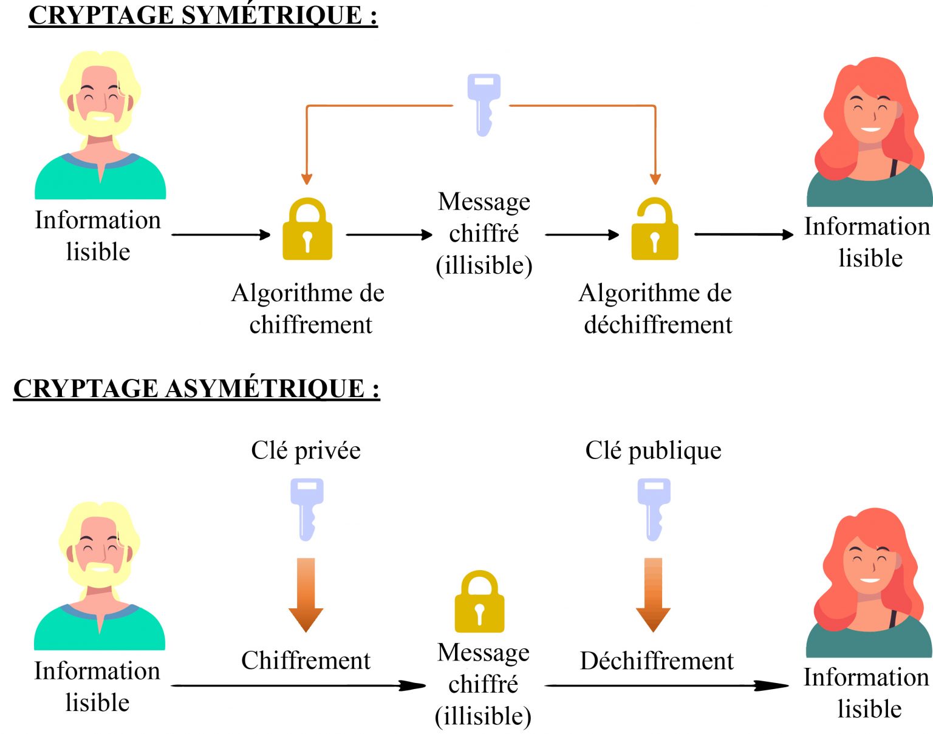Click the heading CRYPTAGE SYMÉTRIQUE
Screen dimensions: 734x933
pyautogui.click(x=203, y=16)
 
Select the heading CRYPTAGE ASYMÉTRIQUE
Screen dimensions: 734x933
pyautogui.click(x=196, y=389)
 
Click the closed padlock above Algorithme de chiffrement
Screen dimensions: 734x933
pyautogui.click(x=307, y=229)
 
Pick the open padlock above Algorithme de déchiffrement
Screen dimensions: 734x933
pyautogui.click(x=655, y=229)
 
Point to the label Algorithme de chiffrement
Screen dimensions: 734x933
pyautogui.click(x=308, y=308)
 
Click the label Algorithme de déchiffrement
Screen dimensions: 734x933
pyautogui.click(x=655, y=308)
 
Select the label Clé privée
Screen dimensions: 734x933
pyautogui.click(x=306, y=450)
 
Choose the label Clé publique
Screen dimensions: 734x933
pyautogui.click(x=653, y=450)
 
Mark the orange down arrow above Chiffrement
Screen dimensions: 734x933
pyautogui.click(x=306, y=594)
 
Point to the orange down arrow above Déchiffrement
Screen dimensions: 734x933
pyautogui.click(x=653, y=594)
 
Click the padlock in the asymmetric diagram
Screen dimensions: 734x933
pyautogui.click(x=479, y=602)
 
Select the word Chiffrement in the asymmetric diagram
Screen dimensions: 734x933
pyautogui.click(x=306, y=661)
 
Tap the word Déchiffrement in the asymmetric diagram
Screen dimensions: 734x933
pyautogui.click(x=657, y=661)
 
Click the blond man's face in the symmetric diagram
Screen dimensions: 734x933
pyautogui.click(x=100, y=100)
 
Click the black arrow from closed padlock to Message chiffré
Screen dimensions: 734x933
pyautogui.click(x=389, y=234)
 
